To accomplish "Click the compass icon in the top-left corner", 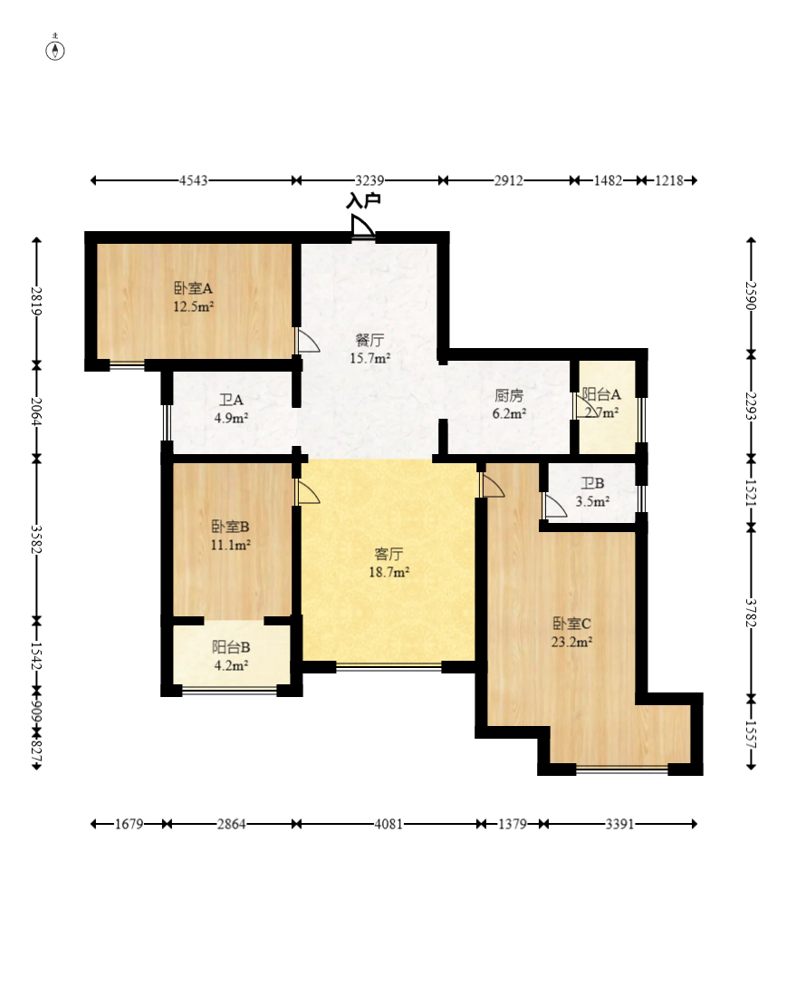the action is coord(56,50).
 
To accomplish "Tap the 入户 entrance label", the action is coord(363,201).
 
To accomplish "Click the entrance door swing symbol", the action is coord(362,226).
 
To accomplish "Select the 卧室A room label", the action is coord(193,288).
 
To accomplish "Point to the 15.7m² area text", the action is coord(370,358).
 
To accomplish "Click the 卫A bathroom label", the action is coord(231,400).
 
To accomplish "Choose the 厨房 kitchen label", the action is coord(508,395).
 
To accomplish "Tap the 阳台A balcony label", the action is coord(601,394).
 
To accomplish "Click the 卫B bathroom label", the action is coord(592,484).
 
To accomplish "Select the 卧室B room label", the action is coord(230,528).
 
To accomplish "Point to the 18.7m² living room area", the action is coord(389,572).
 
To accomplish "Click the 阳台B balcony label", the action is coord(231,647).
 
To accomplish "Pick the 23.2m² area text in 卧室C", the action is coord(572,641).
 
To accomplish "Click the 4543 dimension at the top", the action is coord(193,180).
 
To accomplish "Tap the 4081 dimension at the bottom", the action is coord(389,824).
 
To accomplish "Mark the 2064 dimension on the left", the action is coord(36,412).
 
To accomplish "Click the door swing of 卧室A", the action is coord(307,341).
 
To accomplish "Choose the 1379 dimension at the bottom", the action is coord(513,824).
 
